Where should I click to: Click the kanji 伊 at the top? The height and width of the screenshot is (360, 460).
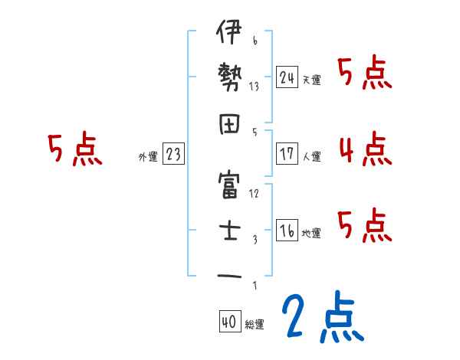(229, 36)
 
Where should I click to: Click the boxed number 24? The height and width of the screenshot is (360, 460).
(287, 77)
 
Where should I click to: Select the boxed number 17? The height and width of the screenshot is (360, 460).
(287, 154)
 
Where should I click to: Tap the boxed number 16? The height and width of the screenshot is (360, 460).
(287, 231)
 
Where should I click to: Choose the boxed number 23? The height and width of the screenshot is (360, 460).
(172, 154)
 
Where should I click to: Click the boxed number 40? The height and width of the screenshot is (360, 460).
(228, 322)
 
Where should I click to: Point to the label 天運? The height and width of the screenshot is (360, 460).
(311, 80)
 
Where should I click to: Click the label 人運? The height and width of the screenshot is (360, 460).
(311, 156)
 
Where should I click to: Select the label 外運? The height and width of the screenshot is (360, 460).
(147, 156)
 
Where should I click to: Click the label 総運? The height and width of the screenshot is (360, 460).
(254, 325)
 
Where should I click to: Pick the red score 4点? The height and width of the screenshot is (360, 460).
(365, 149)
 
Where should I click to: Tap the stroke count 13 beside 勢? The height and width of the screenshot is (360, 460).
(254, 87)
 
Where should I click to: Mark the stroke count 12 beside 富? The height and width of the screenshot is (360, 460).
(254, 192)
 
